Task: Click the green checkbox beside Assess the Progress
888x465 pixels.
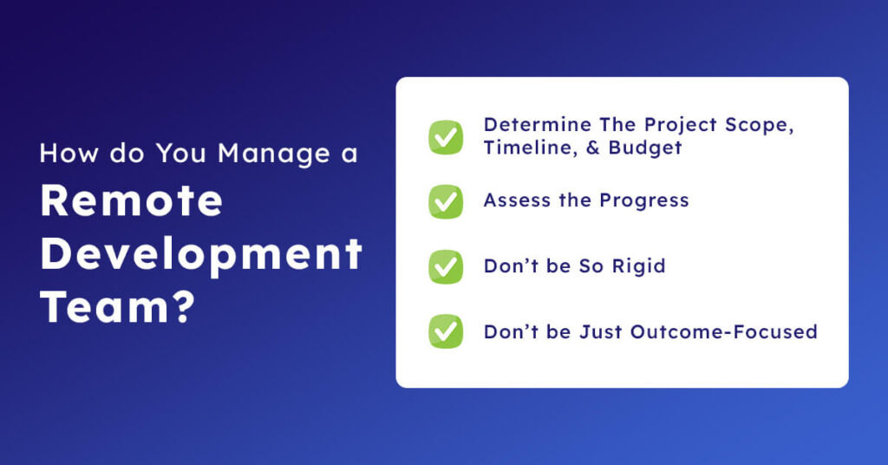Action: [446, 201]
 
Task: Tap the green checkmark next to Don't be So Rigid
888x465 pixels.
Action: [446, 266]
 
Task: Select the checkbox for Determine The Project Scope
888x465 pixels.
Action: [446, 137]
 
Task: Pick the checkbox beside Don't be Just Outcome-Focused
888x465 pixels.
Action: [446, 331]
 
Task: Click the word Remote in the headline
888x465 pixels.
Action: [131, 200]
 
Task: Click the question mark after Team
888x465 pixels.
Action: [178, 306]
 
